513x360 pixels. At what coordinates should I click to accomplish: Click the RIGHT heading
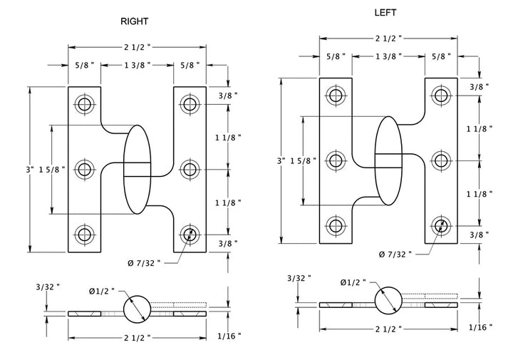tap(135, 22)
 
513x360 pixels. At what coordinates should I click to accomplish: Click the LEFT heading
tap(385, 13)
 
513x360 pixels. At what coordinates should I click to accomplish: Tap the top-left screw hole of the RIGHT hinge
tap(85, 105)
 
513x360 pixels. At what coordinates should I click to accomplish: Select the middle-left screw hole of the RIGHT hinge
tap(85, 170)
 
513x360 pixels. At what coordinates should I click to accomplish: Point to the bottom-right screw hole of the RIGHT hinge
tap(190, 234)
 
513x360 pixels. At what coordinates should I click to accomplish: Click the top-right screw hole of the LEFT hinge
tap(440, 95)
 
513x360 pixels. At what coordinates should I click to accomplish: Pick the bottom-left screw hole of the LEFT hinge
tap(335, 226)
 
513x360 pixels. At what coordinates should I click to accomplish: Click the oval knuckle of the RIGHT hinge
tap(138, 170)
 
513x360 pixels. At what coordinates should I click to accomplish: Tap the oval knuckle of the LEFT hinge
tap(388, 160)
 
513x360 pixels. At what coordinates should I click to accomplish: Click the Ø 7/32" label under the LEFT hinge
tap(395, 254)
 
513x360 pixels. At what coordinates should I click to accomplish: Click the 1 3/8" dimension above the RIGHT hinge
tap(137, 65)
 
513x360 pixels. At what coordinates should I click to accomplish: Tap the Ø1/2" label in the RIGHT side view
tap(100, 291)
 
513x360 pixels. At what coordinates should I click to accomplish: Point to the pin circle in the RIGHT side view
tap(138, 309)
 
